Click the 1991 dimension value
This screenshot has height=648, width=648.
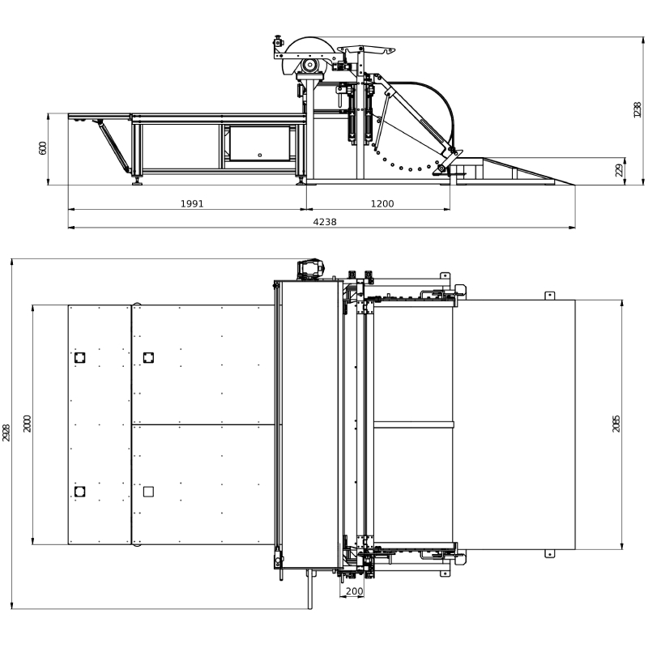[192, 204]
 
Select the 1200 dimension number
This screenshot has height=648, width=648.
[382, 204]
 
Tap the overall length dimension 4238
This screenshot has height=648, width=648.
[325, 222]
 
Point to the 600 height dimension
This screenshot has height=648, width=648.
[43, 148]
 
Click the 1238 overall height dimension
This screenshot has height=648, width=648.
[637, 110]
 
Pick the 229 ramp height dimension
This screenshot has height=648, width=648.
[619, 170]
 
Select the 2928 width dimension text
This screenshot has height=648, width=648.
[6, 433]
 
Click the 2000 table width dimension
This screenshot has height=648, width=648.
[28, 424]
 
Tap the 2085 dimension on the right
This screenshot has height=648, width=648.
[616, 424]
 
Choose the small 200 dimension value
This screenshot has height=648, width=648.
[354, 591]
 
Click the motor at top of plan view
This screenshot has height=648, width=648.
[311, 269]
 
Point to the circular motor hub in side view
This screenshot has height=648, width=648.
[309, 66]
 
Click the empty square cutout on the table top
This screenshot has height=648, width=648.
[148, 492]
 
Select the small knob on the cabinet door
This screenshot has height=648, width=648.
[259, 156]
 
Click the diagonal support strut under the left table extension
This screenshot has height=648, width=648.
[113, 145]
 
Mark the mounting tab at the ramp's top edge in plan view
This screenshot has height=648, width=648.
[549, 296]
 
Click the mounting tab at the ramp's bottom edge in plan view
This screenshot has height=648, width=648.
[549, 553]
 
